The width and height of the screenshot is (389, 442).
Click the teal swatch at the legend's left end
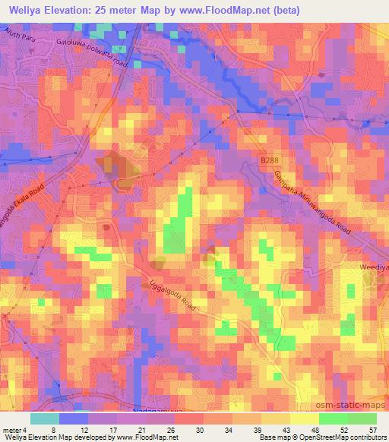(45, 418)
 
